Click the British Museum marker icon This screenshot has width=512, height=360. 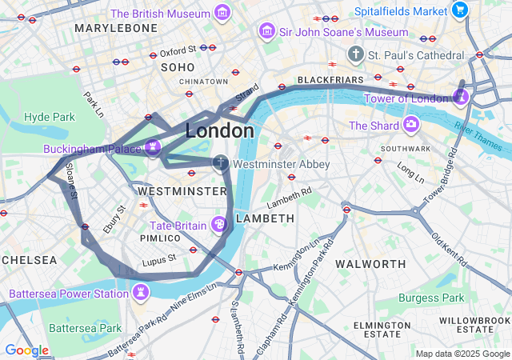click(222, 14)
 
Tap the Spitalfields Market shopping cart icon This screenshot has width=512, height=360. click(459, 10)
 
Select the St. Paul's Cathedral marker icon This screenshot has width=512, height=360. click(355, 54)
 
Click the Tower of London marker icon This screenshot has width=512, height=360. click(460, 98)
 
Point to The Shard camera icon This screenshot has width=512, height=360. click(410, 125)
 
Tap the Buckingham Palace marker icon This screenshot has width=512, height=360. click(153, 148)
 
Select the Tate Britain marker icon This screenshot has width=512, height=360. click(218, 225)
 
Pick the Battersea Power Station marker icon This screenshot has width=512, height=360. click(141, 293)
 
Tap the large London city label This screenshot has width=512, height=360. click(220, 130)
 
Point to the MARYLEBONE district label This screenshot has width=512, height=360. click(116, 28)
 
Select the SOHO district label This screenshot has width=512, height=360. click(178, 68)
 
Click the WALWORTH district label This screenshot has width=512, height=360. click(370, 263)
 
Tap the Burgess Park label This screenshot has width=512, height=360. click(431, 298)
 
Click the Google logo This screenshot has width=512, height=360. click(26, 350)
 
